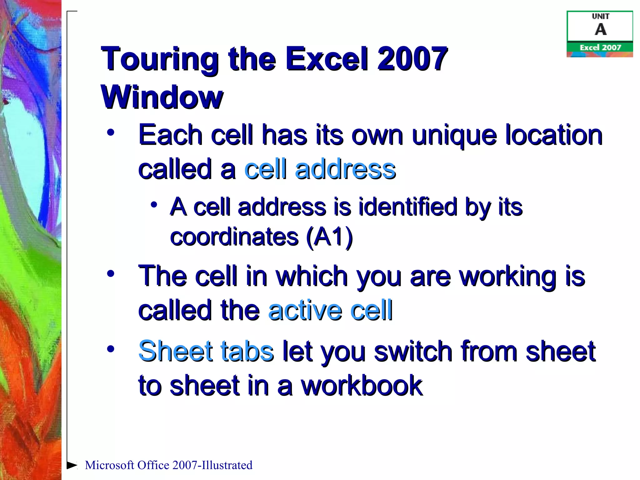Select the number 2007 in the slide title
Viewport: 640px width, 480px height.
tap(412, 59)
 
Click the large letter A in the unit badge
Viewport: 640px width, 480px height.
tap(600, 30)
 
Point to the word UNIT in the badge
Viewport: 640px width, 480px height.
tap(600, 16)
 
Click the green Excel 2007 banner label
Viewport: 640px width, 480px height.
tap(600, 47)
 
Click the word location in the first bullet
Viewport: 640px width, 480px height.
tap(554, 135)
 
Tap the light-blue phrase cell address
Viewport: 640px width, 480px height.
tap(320, 169)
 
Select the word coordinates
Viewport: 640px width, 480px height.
tap(234, 237)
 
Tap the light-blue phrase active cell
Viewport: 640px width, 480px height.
tap(330, 310)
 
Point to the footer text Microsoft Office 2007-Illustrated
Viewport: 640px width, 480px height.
tap(168, 465)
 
